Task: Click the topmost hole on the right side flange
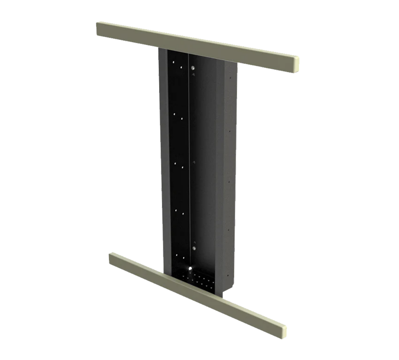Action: pyautogui.click(x=229, y=78)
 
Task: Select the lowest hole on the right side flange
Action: pyautogui.click(x=228, y=276)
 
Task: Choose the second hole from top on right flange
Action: pyautogui.click(x=229, y=131)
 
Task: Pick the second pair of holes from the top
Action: pyautogui.click(x=178, y=116)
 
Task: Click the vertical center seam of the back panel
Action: pyautogui.click(x=190, y=150)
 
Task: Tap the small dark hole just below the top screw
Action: pyautogui.click(x=193, y=75)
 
